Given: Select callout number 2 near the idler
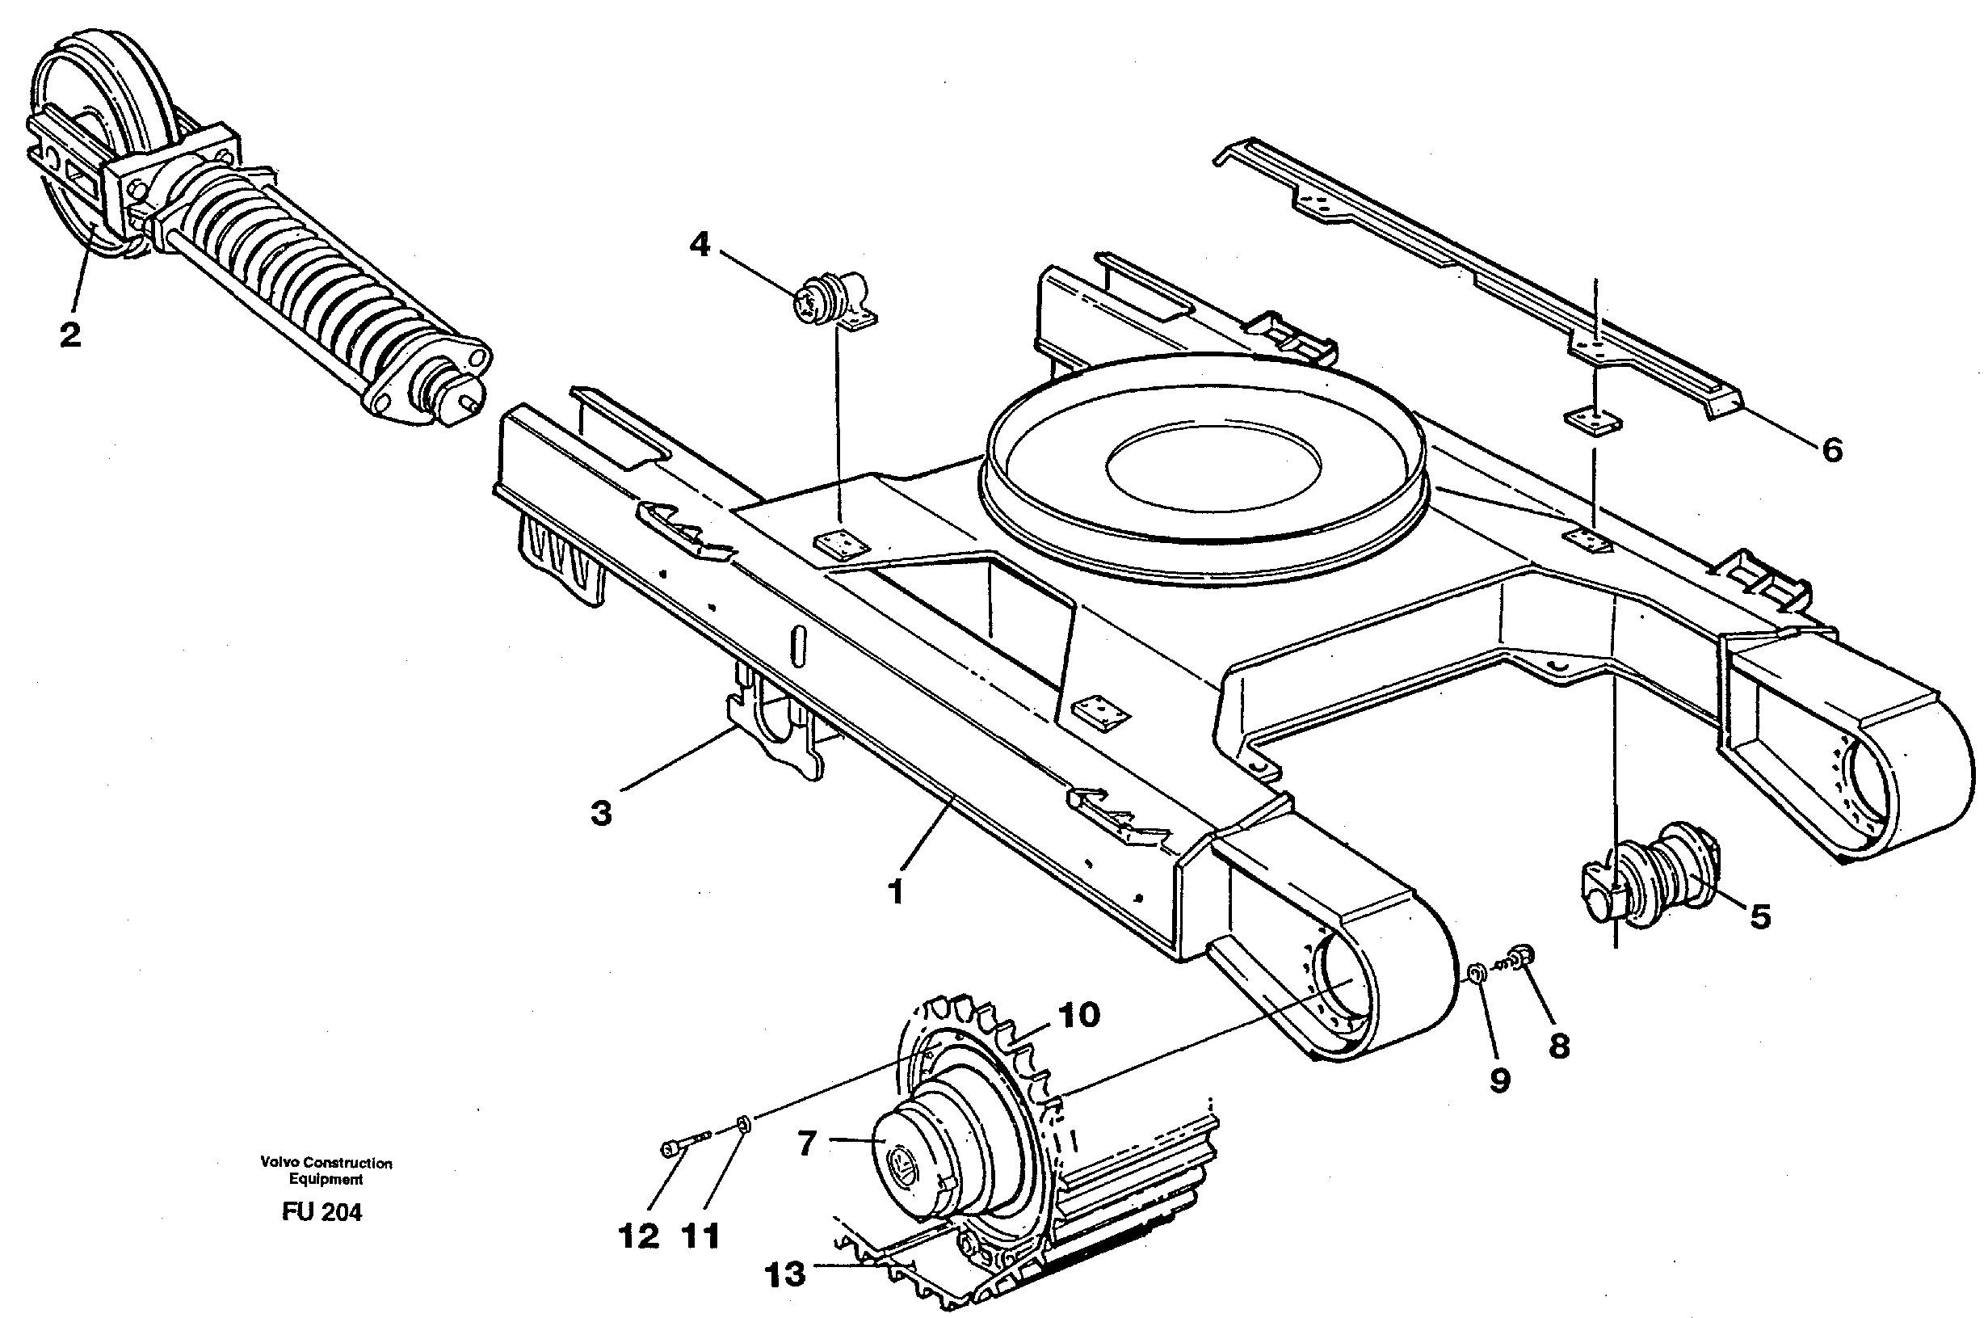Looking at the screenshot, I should (69, 335).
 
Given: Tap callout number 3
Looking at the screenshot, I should (601, 814).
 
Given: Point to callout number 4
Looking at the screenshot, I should (699, 246).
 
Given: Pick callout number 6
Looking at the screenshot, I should (1832, 451).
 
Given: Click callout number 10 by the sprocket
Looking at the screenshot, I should (1079, 1016).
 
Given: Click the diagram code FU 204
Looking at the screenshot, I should (322, 1212).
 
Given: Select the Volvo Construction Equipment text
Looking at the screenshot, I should (326, 1170).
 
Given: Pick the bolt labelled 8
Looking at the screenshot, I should (1519, 954).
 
